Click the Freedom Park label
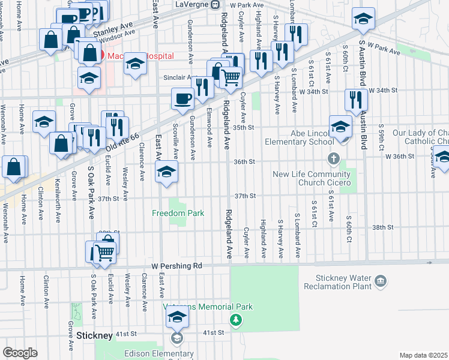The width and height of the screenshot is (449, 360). coord(178,213)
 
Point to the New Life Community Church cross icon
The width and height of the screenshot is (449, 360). coord(334,160)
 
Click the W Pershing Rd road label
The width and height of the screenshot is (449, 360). coord(177,265)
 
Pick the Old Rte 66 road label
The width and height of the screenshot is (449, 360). coord(123,143)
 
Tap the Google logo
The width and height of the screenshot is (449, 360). coord(20,353)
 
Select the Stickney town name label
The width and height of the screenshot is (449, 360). coord(95,335)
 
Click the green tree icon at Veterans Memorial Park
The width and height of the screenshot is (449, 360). coord(237,319)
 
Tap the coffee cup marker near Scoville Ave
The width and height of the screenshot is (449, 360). coord(182,98)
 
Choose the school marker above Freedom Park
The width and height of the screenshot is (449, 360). coord(166,172)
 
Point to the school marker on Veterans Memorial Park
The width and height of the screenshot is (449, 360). coord(177,317)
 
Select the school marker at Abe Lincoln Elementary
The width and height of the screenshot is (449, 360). coord(340,127)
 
